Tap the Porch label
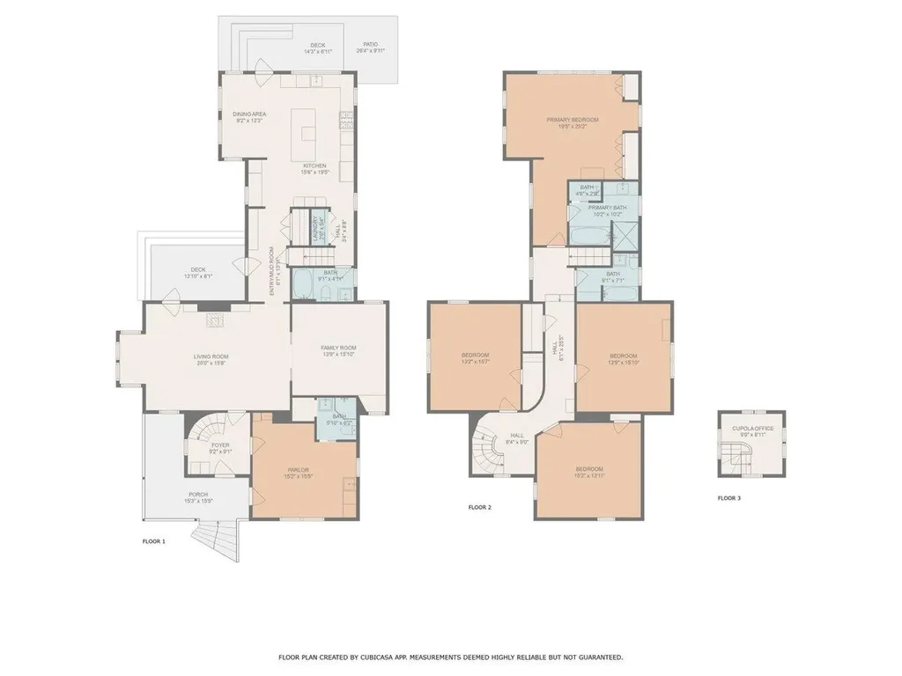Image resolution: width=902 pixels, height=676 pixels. pos(197,496)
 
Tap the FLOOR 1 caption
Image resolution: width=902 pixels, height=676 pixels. pos(154,541)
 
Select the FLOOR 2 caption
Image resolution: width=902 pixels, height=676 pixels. pos(479,508)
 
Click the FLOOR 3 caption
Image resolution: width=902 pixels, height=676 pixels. pos(729,498)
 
